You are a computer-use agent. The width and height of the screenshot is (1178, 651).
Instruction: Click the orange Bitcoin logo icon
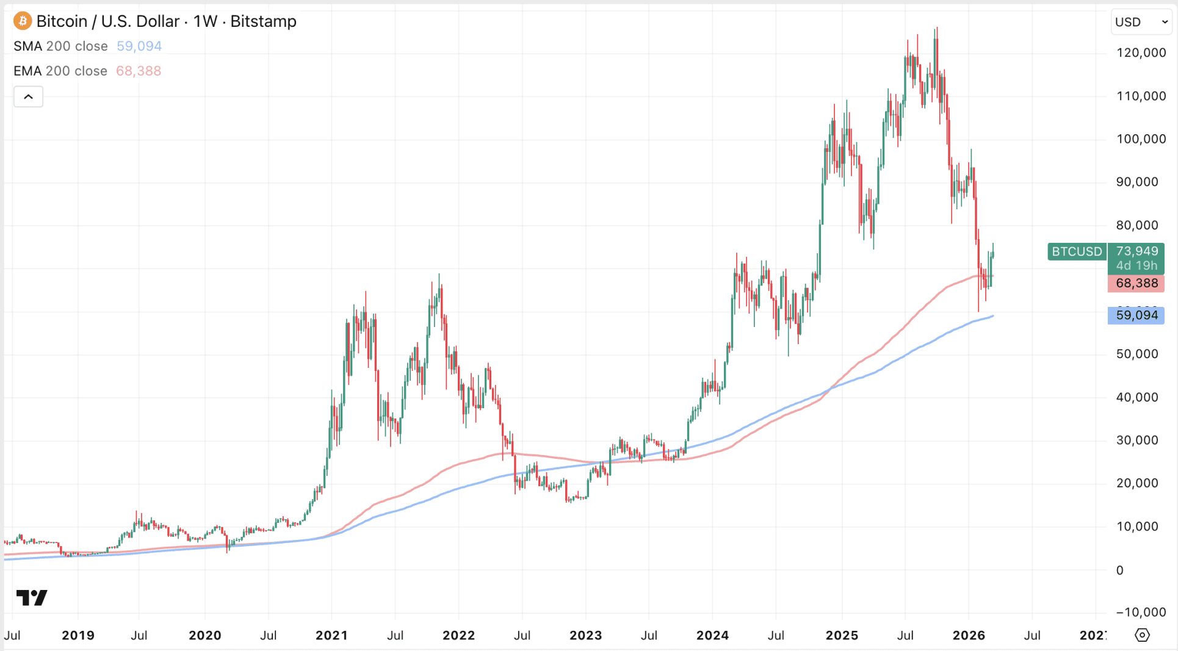coord(23,21)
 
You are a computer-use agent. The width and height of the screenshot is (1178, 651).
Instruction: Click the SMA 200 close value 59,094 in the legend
coord(139,46)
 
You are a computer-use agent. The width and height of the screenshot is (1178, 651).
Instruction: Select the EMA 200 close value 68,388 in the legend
coord(139,71)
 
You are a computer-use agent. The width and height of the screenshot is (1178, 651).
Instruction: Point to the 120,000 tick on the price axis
coord(1141,52)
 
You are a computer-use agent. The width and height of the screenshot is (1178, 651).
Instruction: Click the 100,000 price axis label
coord(1141,139)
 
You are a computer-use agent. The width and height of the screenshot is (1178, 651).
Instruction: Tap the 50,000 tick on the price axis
coord(1136,354)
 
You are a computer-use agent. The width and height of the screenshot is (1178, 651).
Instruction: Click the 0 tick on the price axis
coord(1119,570)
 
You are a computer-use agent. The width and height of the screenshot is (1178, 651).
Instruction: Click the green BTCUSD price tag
coord(1077,251)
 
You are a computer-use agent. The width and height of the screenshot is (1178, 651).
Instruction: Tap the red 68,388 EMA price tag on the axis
coord(1136,283)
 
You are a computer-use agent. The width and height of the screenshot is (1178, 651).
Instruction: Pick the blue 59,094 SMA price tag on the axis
coord(1136,315)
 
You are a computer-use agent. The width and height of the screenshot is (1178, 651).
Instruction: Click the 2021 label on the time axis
coord(331,635)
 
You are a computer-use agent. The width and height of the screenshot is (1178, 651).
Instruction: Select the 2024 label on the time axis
coord(712,635)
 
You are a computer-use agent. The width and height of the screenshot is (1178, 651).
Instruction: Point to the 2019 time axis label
coord(78,635)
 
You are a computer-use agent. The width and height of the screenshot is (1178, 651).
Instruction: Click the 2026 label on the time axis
coord(969,635)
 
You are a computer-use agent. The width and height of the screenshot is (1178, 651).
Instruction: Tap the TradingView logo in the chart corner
coord(32,597)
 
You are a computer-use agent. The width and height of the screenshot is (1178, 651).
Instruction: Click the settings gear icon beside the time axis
coord(1142,635)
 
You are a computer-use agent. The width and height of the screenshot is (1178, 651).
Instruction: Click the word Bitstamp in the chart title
coord(263,21)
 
